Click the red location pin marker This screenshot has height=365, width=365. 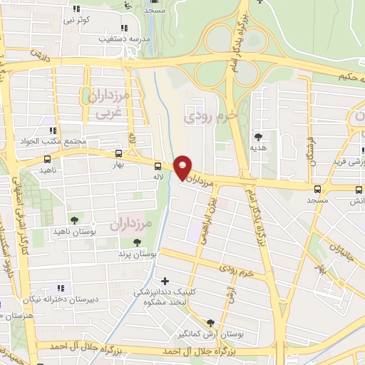183,167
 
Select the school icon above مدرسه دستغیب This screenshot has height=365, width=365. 125,27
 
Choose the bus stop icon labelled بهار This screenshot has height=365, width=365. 118,153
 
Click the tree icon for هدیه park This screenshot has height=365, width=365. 257,136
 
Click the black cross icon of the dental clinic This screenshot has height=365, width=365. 166,281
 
